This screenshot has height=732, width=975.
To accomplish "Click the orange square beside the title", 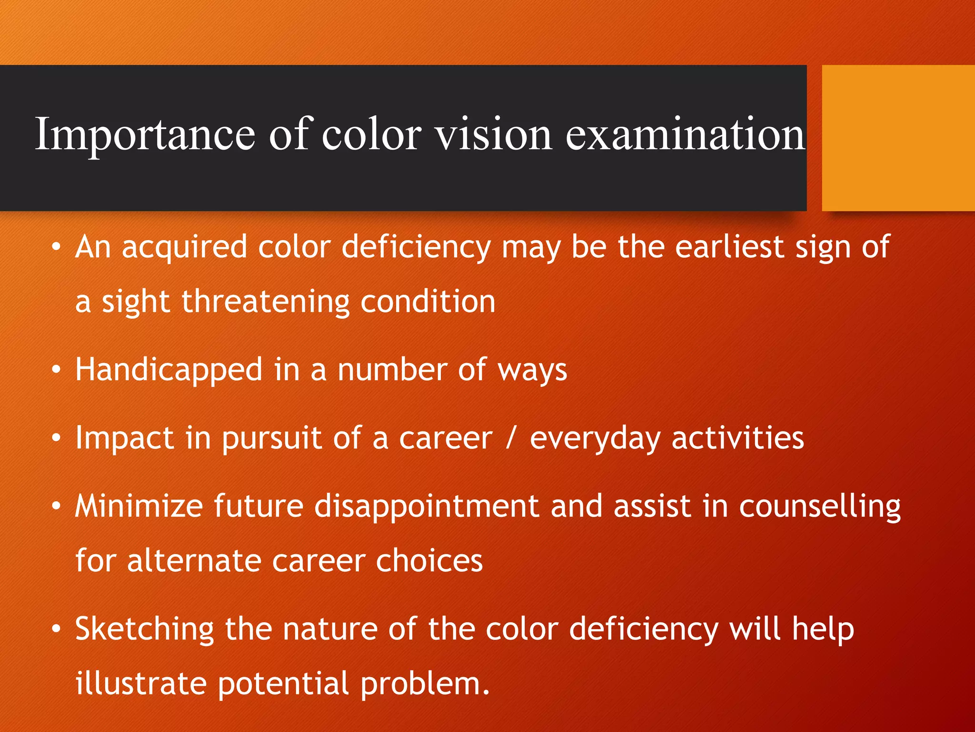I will point(898,138).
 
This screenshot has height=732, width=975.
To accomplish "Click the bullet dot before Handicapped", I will point(57,370).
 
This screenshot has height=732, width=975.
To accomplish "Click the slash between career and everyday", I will point(510,438).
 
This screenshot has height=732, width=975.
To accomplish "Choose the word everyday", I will point(595,439).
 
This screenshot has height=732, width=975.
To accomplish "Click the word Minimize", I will point(139,506).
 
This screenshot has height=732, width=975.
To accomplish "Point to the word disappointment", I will point(427,507).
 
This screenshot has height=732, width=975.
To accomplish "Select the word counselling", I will point(819,507).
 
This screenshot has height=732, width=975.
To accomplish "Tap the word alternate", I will point(194,561).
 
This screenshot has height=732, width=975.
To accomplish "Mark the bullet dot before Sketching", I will point(57,629).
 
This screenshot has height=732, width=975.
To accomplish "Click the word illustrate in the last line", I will point(141,684).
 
